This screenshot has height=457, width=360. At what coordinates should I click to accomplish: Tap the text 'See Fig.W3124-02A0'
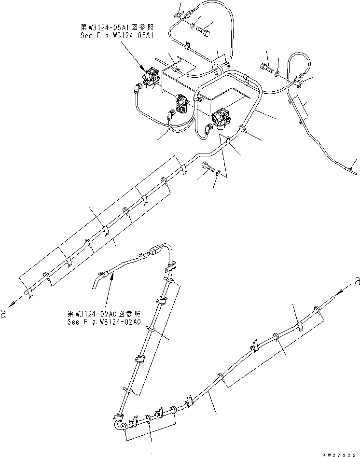[104, 319]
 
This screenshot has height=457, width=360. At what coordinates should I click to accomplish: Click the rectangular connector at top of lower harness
[155, 251]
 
